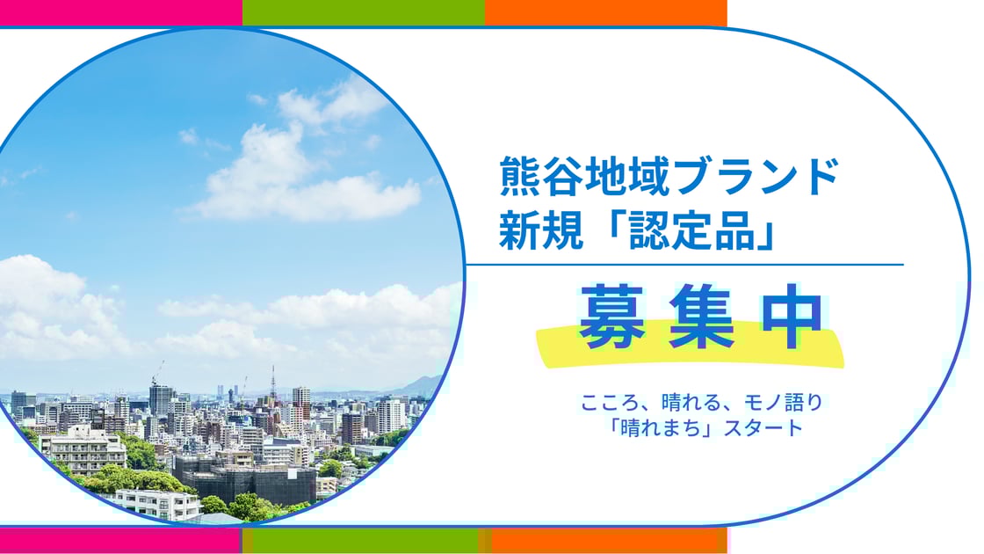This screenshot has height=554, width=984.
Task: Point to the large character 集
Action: (700, 317)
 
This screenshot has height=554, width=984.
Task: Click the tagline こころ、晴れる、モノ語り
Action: (700, 404)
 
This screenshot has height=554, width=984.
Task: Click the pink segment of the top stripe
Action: (120, 12)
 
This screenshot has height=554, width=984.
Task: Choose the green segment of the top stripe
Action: (363, 12)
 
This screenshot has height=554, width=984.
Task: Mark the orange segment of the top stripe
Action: (605, 12)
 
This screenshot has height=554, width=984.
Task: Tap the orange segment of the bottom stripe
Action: (606, 540)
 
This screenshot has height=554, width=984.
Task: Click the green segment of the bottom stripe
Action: (362, 540)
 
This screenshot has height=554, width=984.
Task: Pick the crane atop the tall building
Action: (158, 371)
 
